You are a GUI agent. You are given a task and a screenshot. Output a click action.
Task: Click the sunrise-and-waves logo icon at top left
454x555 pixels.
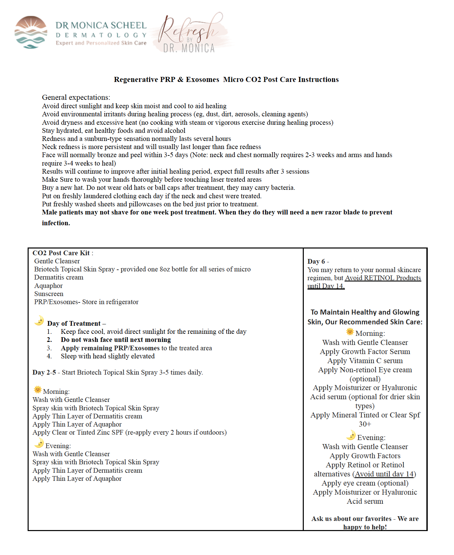click(x=31, y=32)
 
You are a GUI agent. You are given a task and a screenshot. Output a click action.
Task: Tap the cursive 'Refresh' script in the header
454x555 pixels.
click(x=189, y=30)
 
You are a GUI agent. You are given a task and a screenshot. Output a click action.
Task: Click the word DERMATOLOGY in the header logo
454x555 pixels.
click(x=101, y=35)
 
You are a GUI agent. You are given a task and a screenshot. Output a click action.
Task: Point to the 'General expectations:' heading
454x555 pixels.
click(x=76, y=97)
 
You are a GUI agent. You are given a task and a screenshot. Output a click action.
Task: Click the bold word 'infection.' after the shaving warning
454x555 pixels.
click(x=56, y=223)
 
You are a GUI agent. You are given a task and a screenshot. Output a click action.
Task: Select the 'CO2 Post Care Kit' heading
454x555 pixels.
click(x=61, y=253)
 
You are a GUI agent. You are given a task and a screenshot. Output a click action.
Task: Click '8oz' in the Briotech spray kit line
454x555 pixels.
click(x=165, y=269)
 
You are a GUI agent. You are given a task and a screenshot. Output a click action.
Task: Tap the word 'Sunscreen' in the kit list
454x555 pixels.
click(x=48, y=294)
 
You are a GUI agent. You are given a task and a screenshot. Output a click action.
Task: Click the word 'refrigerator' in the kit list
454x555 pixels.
click(x=122, y=302)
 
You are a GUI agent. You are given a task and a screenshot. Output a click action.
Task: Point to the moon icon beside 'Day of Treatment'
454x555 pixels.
click(x=39, y=320)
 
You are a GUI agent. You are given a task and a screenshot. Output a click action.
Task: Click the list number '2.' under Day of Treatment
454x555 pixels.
click(x=49, y=340)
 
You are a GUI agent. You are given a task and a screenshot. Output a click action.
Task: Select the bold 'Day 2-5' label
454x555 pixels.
click(x=44, y=372)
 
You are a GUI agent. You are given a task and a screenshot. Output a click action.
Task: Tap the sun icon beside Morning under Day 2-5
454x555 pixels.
click(x=37, y=390)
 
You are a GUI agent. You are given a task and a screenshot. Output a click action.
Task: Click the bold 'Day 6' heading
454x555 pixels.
click(x=316, y=261)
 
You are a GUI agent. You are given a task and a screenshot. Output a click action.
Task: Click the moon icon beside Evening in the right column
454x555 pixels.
click(x=351, y=435)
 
